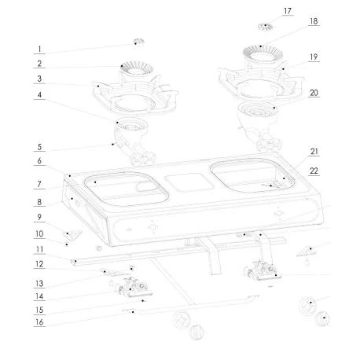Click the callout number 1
click(39, 49)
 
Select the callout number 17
click(265, 11)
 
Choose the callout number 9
click(39, 217)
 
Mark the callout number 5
click(39, 147)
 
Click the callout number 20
click(314, 92)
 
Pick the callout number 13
click(39, 283)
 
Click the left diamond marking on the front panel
click(152, 227)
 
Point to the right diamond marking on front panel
click(278, 212)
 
